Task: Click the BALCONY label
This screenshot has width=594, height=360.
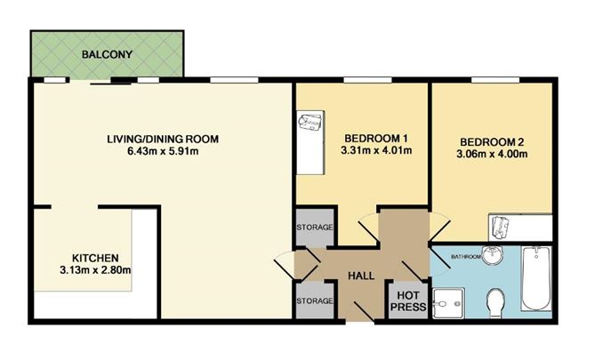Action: point(107,55)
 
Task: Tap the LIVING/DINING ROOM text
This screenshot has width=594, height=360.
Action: point(162,140)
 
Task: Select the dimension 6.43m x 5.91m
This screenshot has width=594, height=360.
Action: point(162,153)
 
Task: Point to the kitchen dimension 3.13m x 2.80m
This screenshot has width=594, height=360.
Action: point(89,269)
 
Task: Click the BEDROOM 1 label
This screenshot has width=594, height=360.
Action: point(374,139)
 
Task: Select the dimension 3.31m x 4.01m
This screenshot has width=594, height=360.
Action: point(374,152)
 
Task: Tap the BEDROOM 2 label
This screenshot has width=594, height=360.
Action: point(492,141)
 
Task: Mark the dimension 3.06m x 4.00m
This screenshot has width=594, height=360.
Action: point(492,155)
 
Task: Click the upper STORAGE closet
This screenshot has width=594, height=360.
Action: point(314,228)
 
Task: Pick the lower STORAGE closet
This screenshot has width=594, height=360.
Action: point(314,301)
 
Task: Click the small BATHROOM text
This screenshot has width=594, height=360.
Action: point(465,258)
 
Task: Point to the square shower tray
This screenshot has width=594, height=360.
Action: point(448,302)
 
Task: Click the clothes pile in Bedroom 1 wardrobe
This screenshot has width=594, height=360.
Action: point(311,123)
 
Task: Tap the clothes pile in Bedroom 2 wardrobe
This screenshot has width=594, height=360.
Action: point(501,226)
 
